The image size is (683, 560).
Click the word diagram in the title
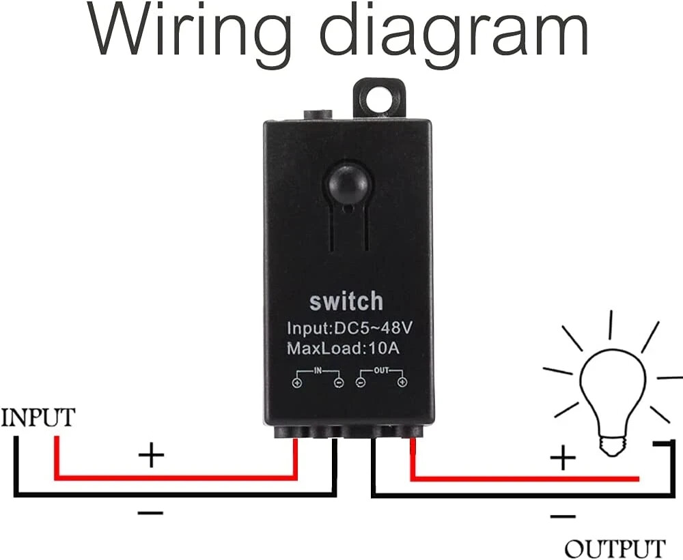coord(452,33)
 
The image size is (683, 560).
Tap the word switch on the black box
coord(346,301)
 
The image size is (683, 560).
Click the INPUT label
coord(38,417)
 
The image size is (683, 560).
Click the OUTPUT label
coord(615,548)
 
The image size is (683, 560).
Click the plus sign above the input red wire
coord(151,454)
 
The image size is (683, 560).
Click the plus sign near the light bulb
coord(563,458)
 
